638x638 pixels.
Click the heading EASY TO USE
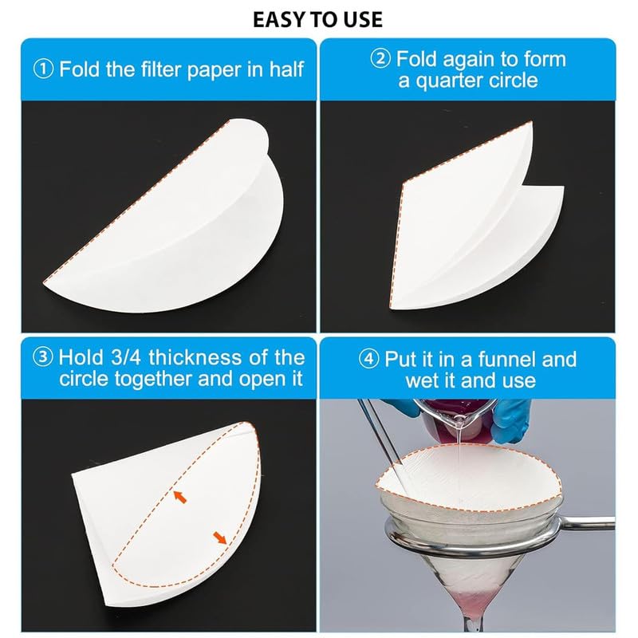pos(317,19)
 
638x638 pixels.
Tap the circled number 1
pos(43,69)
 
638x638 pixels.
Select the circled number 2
pos(380,58)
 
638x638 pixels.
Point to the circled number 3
pos(43,356)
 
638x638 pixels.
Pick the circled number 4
pos(369,359)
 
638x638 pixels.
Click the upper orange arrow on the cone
pos(180,496)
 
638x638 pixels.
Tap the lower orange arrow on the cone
pos(220,538)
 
